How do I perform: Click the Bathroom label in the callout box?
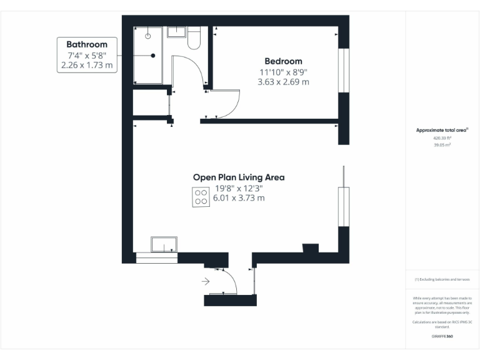tap(87, 44)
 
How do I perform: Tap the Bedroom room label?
tap(283, 61)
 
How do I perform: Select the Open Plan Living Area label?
tap(238, 177)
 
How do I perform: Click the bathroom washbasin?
tap(176, 32)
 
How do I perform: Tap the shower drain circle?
tap(148, 36)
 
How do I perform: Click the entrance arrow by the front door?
tap(206, 282)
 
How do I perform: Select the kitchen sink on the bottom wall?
tap(164, 245)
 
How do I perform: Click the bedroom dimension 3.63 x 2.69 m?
tap(284, 82)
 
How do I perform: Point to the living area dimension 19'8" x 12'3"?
tap(239, 188)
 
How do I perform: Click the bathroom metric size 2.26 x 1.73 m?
tap(87, 64)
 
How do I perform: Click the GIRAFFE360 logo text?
tap(442, 336)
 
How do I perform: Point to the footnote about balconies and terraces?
tap(442, 279)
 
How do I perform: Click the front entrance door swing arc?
tap(231, 279)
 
